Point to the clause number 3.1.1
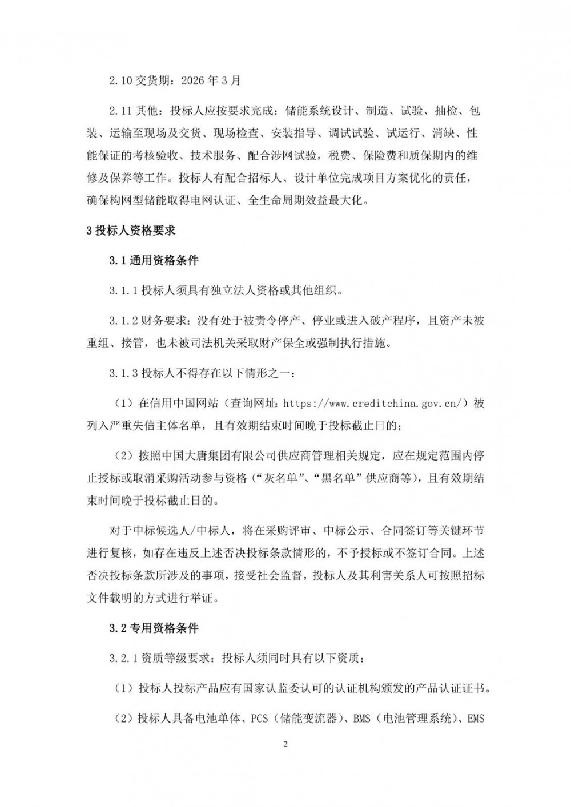tap(124, 290)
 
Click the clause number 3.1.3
tap(124, 374)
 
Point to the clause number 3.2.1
tap(124, 658)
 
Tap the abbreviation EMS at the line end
tap(475, 718)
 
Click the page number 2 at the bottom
tap(285, 744)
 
